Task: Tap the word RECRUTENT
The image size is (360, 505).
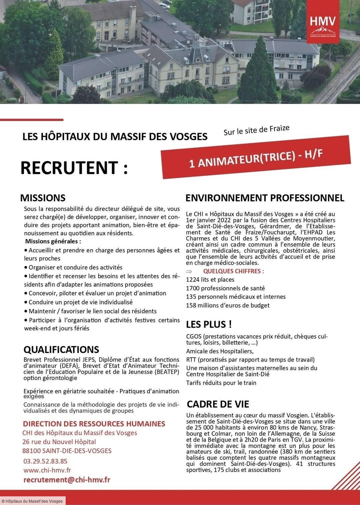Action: tap(74, 168)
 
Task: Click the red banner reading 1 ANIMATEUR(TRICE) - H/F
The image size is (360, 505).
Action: tap(256, 157)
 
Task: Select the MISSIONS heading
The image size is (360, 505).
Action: tap(43, 198)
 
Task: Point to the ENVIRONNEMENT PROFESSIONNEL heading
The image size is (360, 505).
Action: tap(265, 198)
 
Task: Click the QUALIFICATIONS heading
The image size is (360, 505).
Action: tap(61, 349)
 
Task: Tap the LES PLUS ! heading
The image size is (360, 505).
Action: tap(209, 324)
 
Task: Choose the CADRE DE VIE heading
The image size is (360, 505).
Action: tap(218, 404)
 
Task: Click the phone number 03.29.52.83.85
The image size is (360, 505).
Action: tap(45, 461)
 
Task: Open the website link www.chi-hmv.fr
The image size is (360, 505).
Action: tap(47, 470)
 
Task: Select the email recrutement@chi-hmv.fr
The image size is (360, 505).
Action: tap(67, 480)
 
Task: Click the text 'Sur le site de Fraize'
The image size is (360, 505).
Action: tap(256, 130)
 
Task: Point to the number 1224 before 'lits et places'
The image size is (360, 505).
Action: tap(192, 280)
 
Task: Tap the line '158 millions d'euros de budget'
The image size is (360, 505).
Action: tap(228, 305)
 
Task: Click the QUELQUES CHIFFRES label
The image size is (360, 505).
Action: tap(233, 271)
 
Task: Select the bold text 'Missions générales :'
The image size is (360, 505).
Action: tap(53, 241)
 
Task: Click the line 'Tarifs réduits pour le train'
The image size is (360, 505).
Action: tap(221, 383)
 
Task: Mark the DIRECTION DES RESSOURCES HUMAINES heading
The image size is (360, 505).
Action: tap(94, 424)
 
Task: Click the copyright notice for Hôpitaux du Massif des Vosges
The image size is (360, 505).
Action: tap(32, 501)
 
